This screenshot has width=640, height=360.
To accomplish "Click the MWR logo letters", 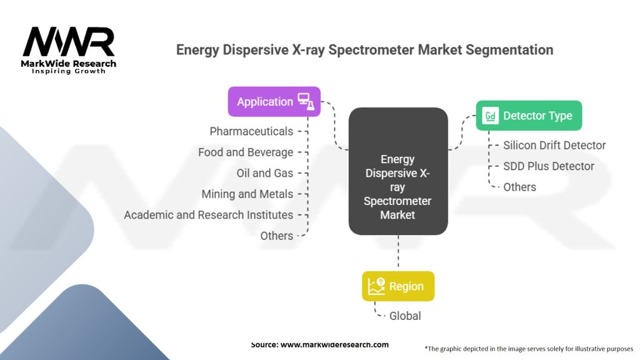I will pyautogui.click(x=69, y=42).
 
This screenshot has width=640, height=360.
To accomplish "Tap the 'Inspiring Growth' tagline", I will pyautogui.click(x=69, y=71).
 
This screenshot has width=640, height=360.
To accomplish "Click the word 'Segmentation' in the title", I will pyautogui.click(x=506, y=49).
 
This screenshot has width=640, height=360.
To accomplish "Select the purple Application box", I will pyautogui.click(x=274, y=101).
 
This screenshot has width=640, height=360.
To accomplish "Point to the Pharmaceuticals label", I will pyautogui.click(x=251, y=131).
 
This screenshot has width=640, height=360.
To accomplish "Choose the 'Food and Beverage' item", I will pyautogui.click(x=246, y=152).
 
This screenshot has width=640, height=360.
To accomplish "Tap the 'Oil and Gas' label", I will pyautogui.click(x=264, y=173).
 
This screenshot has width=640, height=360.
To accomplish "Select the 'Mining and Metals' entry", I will pyautogui.click(x=247, y=194).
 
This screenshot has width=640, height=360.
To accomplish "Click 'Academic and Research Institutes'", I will pyautogui.click(x=208, y=214).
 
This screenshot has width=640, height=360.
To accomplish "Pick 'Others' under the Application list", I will pyautogui.click(x=276, y=236).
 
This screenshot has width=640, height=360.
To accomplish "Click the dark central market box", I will pyautogui.click(x=398, y=172).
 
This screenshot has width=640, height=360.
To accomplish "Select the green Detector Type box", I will pyautogui.click(x=529, y=116).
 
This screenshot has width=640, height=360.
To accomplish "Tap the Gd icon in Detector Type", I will pyautogui.click(x=491, y=116).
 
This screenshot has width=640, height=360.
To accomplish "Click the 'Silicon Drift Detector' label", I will pyautogui.click(x=554, y=145).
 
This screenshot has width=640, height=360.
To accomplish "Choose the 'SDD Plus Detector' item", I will pyautogui.click(x=549, y=166).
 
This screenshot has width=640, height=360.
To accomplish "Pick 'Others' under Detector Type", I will pyautogui.click(x=519, y=187).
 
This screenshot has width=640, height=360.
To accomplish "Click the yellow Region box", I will pyautogui.click(x=398, y=286).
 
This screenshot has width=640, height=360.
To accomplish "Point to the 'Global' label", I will pyautogui.click(x=405, y=316).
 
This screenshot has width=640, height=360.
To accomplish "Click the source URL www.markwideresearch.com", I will pyautogui.click(x=319, y=344).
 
